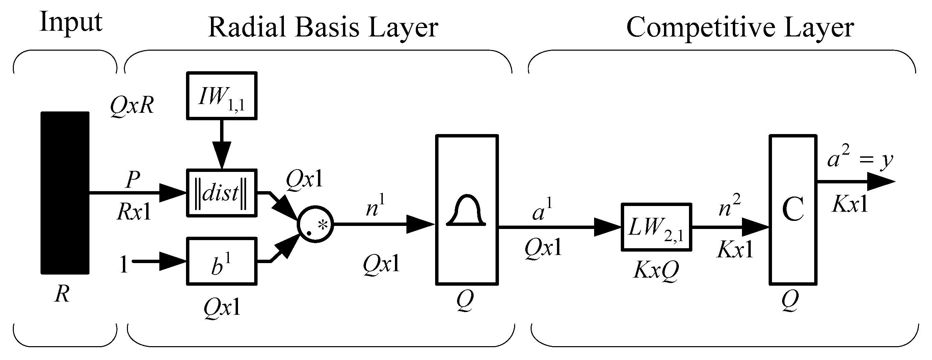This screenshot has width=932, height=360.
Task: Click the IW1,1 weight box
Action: click(221, 96)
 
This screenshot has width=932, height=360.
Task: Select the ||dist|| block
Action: click(221, 193)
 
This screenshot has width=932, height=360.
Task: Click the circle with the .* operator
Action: click(315, 225)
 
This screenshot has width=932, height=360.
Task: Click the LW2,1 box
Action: click(656, 227)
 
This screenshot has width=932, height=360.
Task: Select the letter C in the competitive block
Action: click(792, 209)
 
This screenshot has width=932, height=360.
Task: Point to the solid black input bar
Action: click(65, 193)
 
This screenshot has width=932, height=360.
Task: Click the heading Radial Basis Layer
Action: click(323, 27)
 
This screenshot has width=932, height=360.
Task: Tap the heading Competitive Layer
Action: click(740, 27)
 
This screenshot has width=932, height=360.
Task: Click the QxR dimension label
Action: click(132, 106)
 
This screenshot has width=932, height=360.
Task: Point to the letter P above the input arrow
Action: click(133, 179)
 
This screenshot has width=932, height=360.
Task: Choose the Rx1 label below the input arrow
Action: click(134, 212)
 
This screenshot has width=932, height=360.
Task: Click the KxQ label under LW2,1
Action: click(656, 269)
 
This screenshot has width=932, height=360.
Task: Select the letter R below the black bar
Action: click(62, 294)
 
